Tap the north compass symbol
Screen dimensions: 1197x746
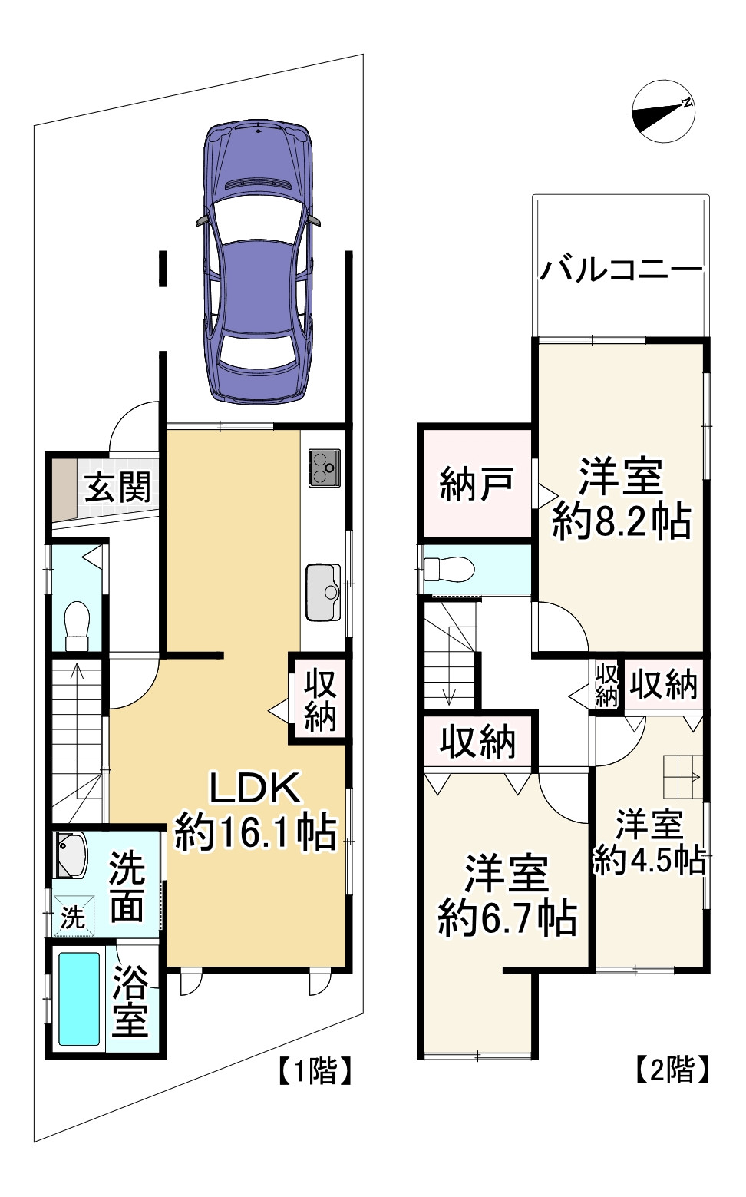pos(663,111)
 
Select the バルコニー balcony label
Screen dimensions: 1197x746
pos(620,270)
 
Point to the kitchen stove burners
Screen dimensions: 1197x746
pos(325,468)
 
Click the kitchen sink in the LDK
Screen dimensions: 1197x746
pos(324,592)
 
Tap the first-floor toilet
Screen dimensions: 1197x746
pos(77,625)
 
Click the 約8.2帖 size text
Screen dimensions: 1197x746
pos(621,522)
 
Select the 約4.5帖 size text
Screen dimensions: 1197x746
pos(649,861)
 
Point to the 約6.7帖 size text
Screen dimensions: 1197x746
pos(507,917)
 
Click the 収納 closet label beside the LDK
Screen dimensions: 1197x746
pos(320,699)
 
